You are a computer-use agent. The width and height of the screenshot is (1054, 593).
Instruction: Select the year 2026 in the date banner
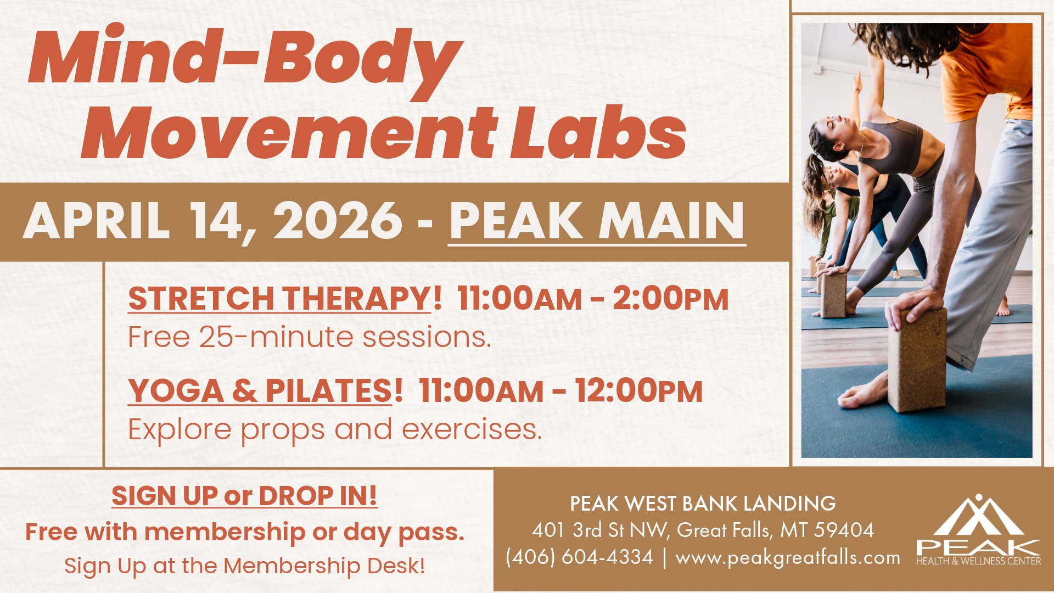pyautogui.click(x=338, y=221)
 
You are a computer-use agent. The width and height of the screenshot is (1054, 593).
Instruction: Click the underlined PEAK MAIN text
pyautogui.click(x=597, y=221)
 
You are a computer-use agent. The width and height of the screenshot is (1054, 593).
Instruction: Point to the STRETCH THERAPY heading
pyautogui.click(x=279, y=299)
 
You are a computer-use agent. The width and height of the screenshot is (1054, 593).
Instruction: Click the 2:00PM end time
pyautogui.click(x=670, y=299)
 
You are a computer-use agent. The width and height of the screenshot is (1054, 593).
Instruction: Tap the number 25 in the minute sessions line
pyautogui.click(x=216, y=337)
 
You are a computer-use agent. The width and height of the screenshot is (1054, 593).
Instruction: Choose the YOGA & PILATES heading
pyautogui.click(x=260, y=391)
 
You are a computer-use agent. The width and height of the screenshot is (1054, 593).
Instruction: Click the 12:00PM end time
pyautogui.click(x=638, y=391)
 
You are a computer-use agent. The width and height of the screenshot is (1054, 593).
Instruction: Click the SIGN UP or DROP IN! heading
pyautogui.click(x=244, y=495)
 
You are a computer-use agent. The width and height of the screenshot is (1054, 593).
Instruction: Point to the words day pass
pyautogui.click(x=404, y=533)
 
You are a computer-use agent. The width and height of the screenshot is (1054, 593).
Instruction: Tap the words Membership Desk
pyautogui.click(x=324, y=566)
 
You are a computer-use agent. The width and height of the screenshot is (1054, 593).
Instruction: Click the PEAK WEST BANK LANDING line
pyautogui.click(x=703, y=504)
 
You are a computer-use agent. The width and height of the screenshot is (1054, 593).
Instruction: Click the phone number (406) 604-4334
pyautogui.click(x=579, y=557)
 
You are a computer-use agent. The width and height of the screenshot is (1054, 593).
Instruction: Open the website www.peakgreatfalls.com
pyautogui.click(x=788, y=558)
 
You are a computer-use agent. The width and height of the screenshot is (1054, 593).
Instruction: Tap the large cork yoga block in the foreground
pyautogui.click(x=917, y=360)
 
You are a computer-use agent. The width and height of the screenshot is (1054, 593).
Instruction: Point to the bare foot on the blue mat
pyautogui.click(x=865, y=394)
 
